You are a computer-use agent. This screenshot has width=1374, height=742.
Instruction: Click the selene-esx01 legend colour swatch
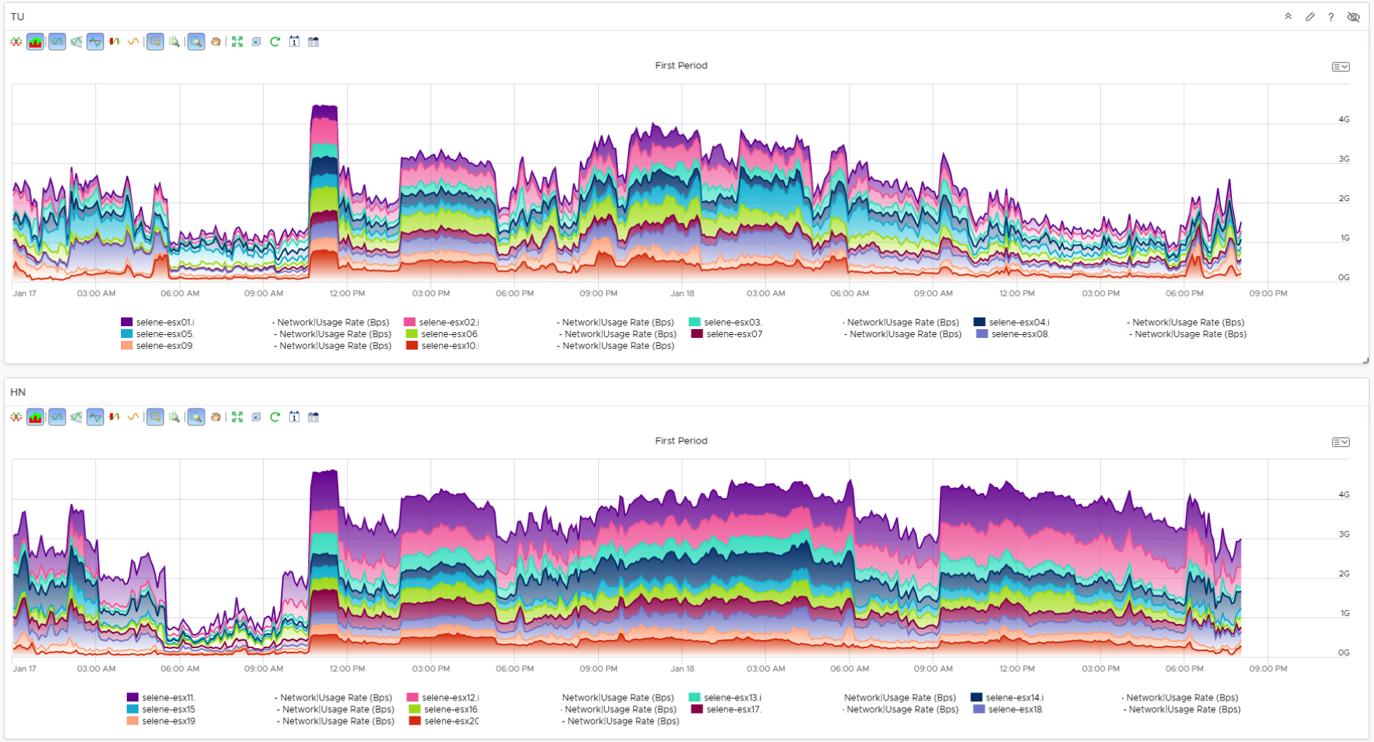(127, 322)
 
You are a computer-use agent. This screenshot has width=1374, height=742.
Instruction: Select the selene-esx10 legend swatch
(412, 345)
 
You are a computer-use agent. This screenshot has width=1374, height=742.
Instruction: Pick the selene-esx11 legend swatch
(133, 698)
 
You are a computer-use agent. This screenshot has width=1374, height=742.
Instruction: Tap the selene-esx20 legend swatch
(415, 721)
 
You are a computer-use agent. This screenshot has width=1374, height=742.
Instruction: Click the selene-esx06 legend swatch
(412, 333)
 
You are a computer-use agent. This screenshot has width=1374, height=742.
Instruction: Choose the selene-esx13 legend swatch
(694, 698)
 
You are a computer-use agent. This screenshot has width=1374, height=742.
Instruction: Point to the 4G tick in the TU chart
(1343, 119)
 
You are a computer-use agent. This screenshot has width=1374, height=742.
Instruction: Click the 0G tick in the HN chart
(1343, 652)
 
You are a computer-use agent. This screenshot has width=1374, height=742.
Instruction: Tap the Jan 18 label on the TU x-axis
(682, 293)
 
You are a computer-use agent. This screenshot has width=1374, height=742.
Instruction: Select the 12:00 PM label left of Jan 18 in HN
(347, 668)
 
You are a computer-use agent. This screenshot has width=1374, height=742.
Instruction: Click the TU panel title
(17, 17)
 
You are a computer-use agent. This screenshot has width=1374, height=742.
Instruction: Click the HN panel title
(18, 392)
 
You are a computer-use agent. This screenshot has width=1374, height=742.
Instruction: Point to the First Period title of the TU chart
(680, 66)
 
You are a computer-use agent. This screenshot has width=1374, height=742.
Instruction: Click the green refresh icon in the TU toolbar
(275, 42)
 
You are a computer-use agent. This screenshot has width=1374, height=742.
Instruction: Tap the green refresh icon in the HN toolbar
(275, 417)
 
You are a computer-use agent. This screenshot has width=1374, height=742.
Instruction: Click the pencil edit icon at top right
(1310, 17)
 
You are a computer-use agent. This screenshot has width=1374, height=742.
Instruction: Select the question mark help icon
(1331, 17)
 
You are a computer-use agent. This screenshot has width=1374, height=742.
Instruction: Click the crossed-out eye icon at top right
(1354, 17)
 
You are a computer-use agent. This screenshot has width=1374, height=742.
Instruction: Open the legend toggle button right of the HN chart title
(1340, 442)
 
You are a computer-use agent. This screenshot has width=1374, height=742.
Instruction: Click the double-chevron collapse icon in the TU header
(1288, 17)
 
